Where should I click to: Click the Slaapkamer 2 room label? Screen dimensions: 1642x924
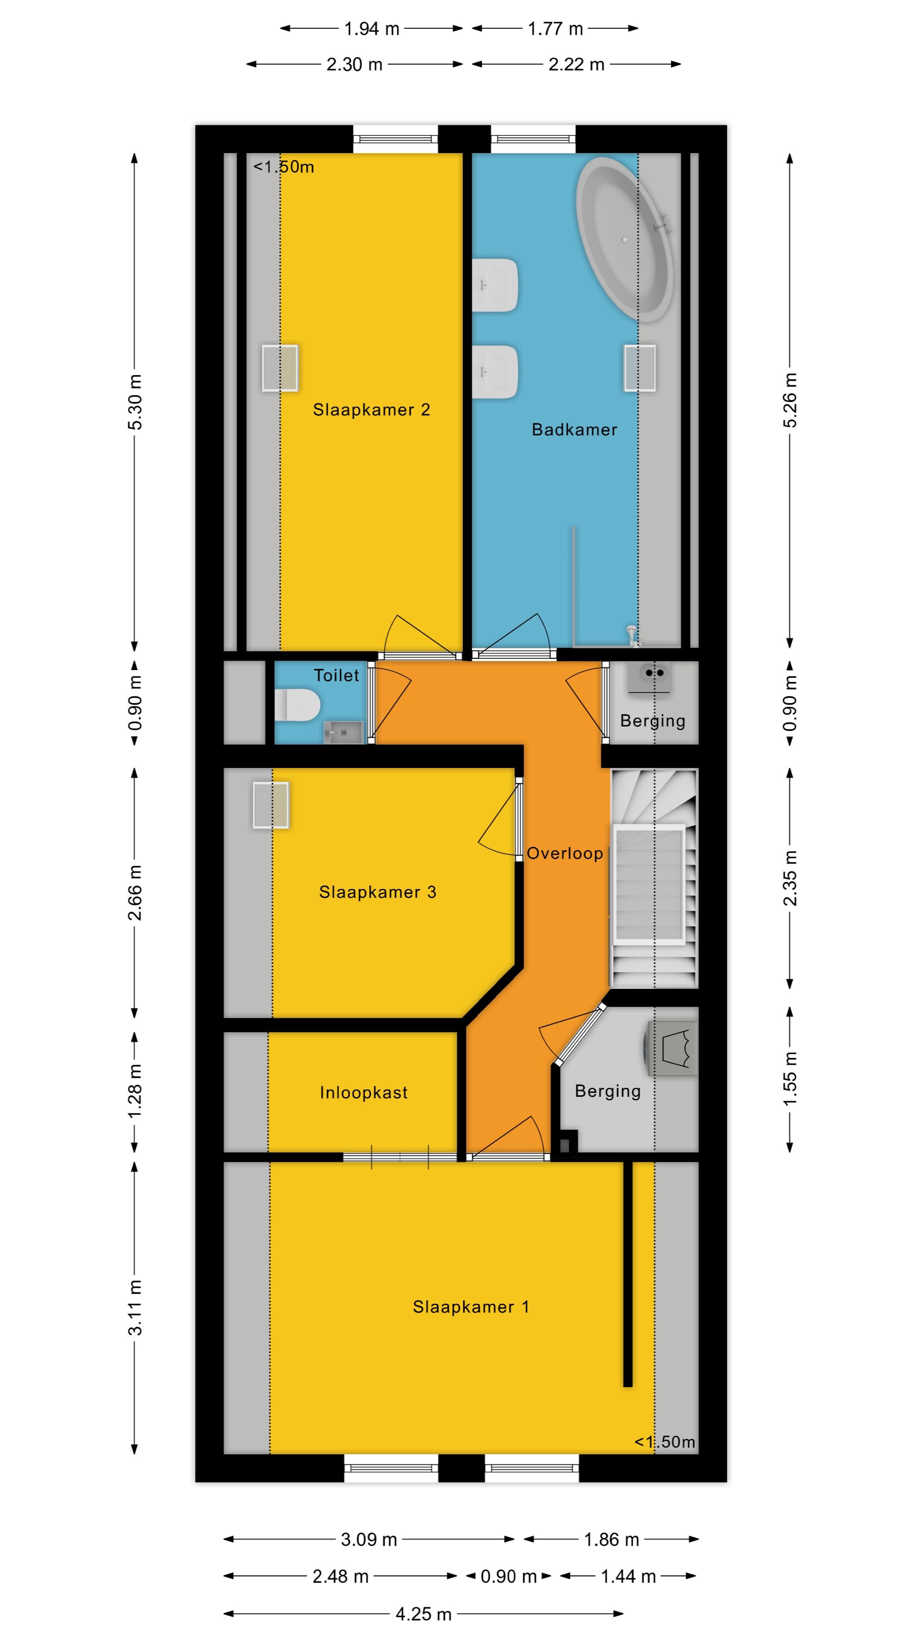[371, 410]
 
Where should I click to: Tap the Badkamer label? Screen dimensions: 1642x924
[574, 430]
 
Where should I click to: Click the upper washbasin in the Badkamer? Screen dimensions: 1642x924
[495, 285]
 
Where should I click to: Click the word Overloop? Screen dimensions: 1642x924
[564, 853]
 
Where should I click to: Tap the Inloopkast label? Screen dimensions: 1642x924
[364, 1093]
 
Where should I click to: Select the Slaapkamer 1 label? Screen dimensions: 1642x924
[471, 1307]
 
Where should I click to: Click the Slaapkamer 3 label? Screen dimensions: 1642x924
[377, 892]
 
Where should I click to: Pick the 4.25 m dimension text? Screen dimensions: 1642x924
[423, 1614]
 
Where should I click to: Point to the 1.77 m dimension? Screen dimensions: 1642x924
[555, 29]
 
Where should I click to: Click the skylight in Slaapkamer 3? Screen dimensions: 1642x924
[271, 805]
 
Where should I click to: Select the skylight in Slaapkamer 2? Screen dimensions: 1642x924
[280, 368]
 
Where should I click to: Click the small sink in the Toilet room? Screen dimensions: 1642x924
[343, 732]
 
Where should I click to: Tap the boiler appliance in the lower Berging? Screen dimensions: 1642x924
[672, 1048]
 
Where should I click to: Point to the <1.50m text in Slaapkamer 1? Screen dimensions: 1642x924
[664, 1442]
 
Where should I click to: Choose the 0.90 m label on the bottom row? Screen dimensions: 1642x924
[508, 1576]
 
